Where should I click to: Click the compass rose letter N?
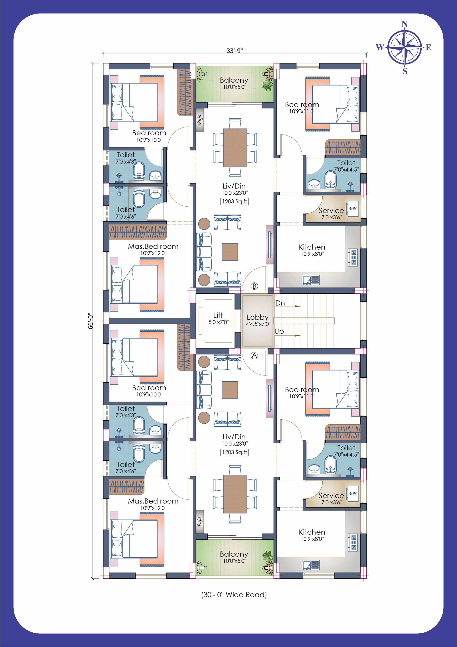405,24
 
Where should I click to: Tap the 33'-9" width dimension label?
235,51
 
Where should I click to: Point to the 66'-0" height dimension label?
90,321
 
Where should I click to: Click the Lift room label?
218,315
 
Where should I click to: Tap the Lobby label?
257,317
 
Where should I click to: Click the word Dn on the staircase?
280,303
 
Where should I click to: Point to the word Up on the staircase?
279,332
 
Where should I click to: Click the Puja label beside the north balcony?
200,120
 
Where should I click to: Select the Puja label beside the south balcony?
200,522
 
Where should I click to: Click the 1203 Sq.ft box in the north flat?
234,201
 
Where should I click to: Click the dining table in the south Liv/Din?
235,494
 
